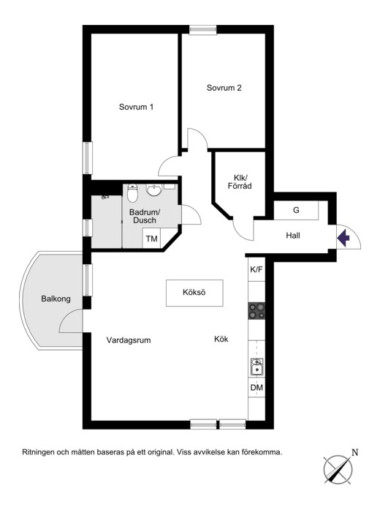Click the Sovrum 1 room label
point(136,107)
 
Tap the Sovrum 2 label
point(224,88)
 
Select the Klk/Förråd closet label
point(240,181)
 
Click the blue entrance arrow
point(343,238)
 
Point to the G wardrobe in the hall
point(296,211)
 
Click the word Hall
point(293,236)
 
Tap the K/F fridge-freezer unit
point(256,269)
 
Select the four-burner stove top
point(256,311)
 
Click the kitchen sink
point(257,367)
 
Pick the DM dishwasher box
point(256,387)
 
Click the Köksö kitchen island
point(194,293)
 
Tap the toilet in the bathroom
point(132,193)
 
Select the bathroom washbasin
point(154,190)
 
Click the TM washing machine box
point(151,239)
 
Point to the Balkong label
point(56,299)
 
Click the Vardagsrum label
point(129,340)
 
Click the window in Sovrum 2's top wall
point(203,29)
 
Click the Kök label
point(221,339)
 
